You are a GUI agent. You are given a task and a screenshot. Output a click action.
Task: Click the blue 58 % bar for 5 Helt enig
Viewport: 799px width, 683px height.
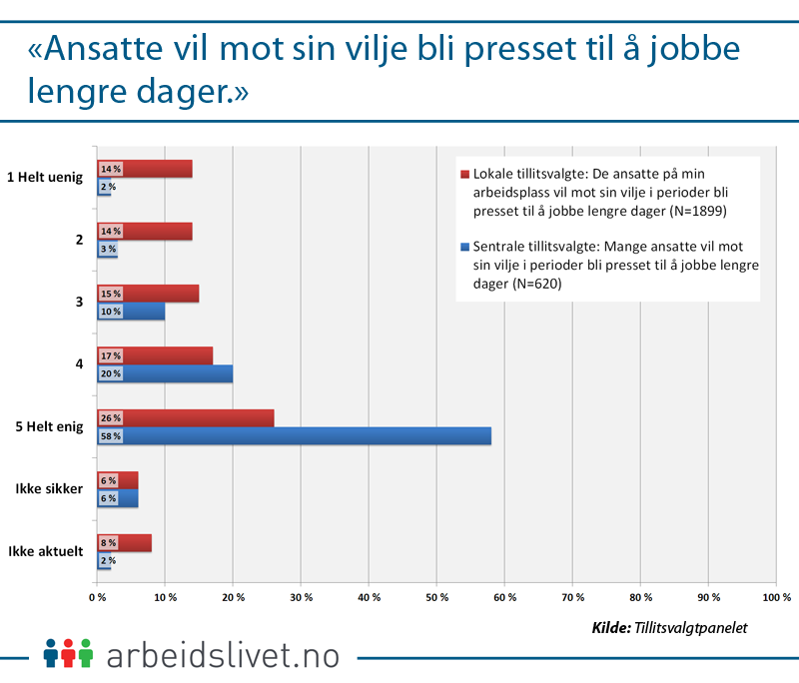(310, 436)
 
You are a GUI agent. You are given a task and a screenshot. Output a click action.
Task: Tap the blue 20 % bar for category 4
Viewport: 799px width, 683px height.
(180, 373)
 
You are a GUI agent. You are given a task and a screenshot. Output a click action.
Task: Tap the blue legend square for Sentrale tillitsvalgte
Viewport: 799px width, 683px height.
(464, 246)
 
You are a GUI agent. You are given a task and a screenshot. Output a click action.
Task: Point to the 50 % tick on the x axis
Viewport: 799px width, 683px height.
(436, 597)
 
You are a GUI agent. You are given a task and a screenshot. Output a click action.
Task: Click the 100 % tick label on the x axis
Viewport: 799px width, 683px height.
(775, 597)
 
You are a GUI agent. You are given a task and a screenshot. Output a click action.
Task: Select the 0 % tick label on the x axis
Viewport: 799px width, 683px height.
(98, 597)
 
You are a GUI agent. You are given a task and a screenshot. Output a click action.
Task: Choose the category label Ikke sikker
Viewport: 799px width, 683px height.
(48, 489)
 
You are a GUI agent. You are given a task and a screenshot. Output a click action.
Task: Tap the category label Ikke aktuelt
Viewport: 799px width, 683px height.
(46, 552)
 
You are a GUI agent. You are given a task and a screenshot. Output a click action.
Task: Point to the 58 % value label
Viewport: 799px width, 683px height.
(110, 436)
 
